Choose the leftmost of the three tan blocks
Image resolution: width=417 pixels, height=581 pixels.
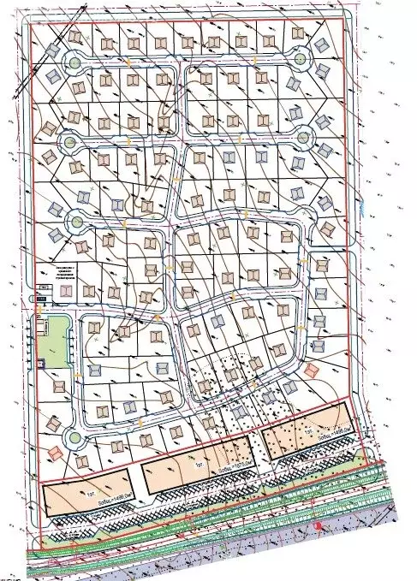tap(86, 495)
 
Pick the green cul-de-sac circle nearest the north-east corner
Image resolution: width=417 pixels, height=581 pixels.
tap(301, 59)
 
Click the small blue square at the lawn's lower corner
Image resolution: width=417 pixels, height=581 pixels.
tap(40, 364)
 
